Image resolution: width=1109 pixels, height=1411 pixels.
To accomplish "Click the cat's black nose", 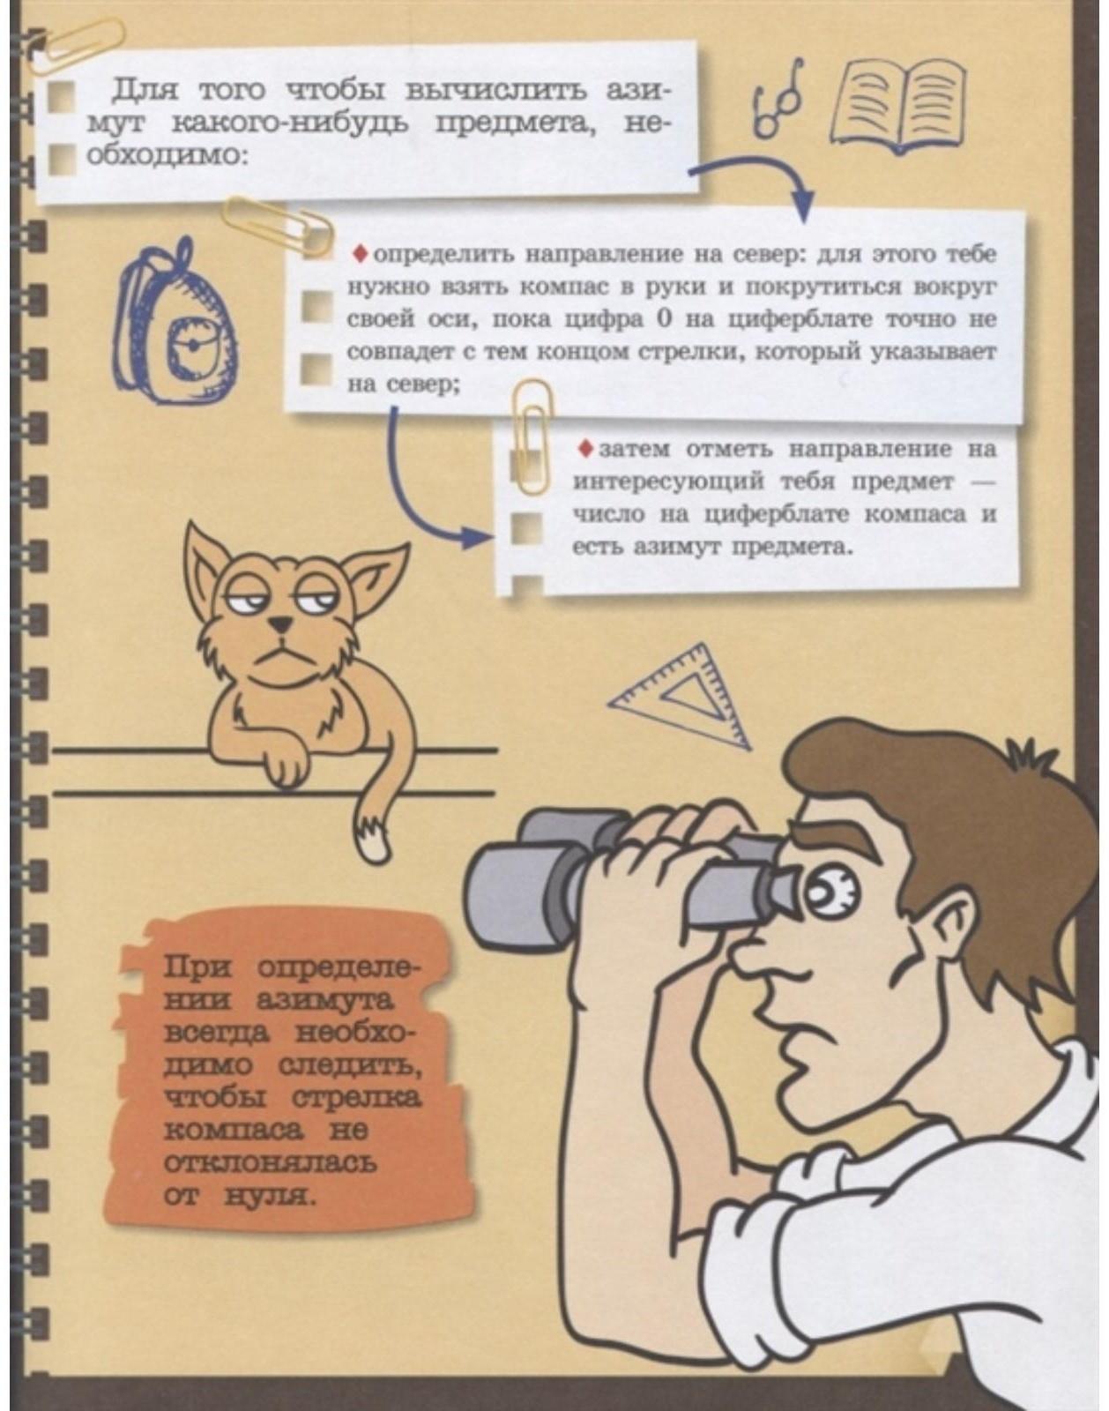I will pos(280,624).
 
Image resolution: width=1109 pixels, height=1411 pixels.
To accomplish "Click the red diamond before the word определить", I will pos(359,254).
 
